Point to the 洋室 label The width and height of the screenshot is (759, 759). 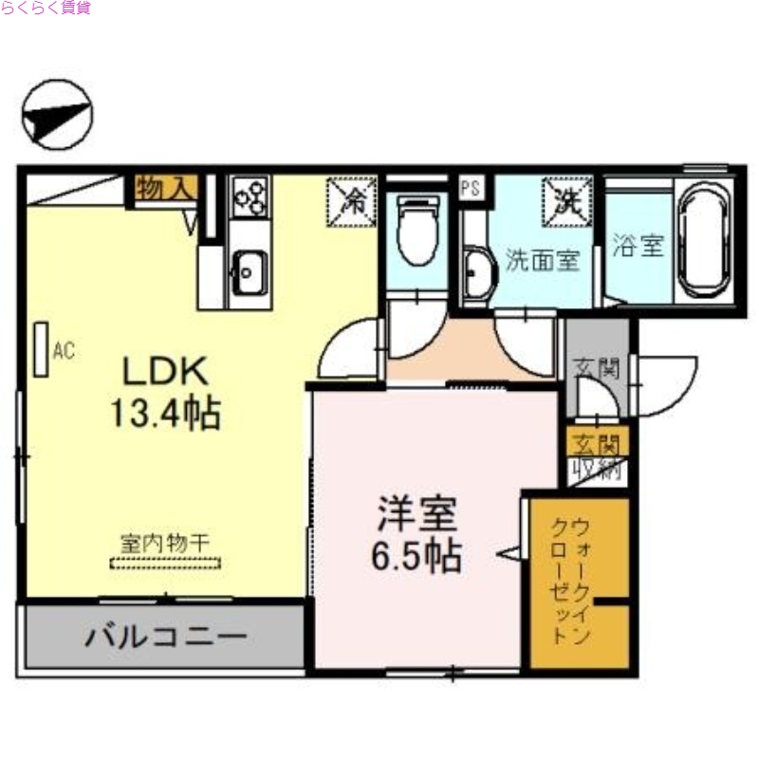click(x=417, y=514)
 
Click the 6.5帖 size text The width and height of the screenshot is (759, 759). click(x=417, y=557)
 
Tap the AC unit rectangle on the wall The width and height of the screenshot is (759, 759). click(x=41, y=349)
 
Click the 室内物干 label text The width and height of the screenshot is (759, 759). click(x=165, y=543)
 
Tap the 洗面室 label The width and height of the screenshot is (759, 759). click(x=542, y=260)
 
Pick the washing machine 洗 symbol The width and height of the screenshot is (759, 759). click(x=566, y=200)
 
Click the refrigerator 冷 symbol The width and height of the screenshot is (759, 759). click(x=352, y=200)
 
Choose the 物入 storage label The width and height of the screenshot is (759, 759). click(x=165, y=188)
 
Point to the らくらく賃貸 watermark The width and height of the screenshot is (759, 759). click(x=46, y=8)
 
